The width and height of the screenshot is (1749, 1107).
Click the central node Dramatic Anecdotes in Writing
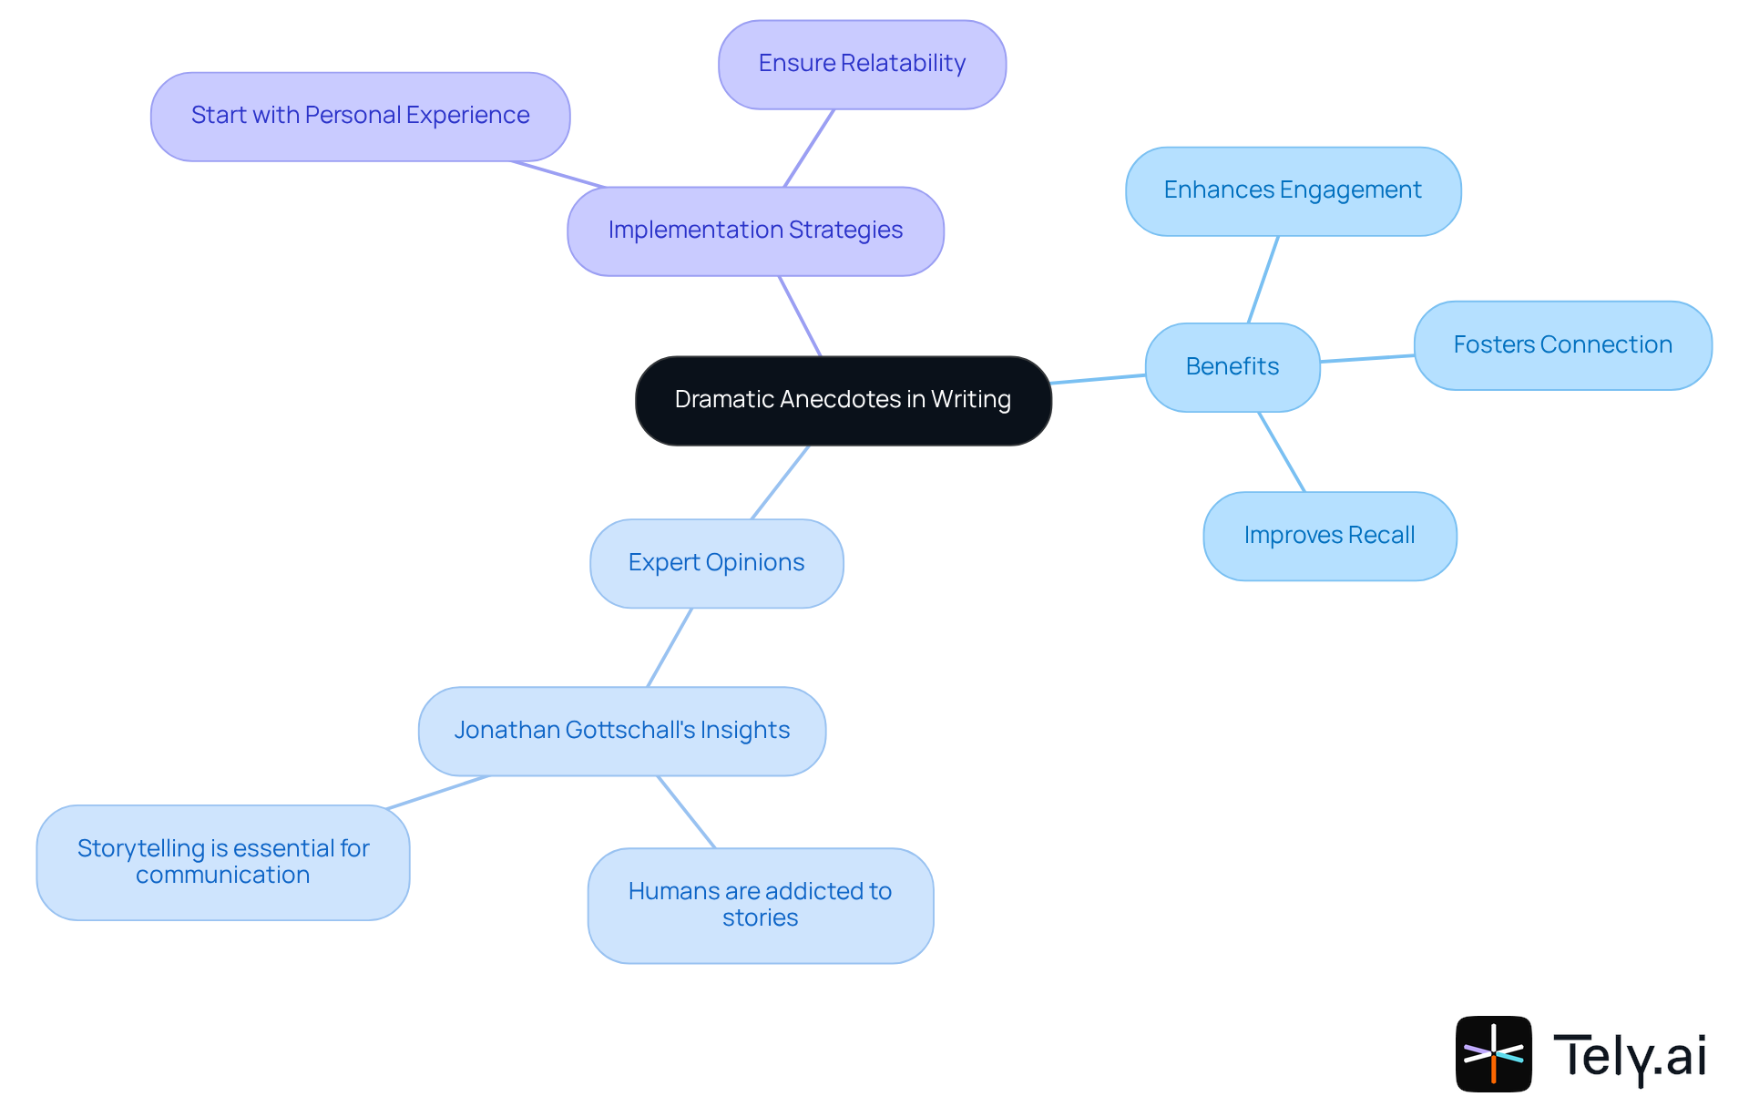843,400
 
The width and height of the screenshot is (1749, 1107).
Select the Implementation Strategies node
755,231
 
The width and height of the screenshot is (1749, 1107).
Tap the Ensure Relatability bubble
862,64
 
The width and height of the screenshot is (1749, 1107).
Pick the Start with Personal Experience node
360,116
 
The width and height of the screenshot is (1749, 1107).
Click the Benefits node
1232,366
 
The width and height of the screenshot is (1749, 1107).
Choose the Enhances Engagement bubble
1293,190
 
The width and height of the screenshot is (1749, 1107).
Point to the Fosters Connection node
1562,344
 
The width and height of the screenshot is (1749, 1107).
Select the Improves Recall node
1329,536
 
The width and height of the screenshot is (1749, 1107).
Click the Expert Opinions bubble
716,563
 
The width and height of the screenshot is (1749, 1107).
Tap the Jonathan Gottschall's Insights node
621,731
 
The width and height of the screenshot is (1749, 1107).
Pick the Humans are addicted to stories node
760,905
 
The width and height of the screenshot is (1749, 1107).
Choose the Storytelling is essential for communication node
223,862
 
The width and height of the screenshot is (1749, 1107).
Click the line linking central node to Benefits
1098,379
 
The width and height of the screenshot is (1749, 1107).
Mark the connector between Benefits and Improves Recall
1282,452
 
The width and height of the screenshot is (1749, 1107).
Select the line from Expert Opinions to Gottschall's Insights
670,647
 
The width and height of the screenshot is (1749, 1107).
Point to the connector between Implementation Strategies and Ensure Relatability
809,149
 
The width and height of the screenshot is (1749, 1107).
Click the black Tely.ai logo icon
1493,1053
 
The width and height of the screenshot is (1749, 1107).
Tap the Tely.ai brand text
1629,1056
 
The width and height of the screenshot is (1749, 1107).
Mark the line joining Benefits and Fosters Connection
1366,359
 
